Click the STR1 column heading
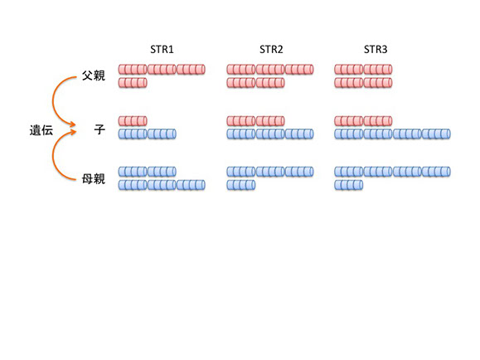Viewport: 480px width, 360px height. click(x=162, y=49)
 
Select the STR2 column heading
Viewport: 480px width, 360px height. click(x=271, y=49)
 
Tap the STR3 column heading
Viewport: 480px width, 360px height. click(x=376, y=49)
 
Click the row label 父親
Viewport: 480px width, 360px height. click(x=94, y=75)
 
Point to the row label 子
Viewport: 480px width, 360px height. click(x=99, y=129)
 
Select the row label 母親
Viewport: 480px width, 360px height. click(x=94, y=178)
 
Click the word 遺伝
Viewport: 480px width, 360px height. click(x=41, y=130)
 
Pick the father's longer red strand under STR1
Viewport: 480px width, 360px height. click(x=162, y=69)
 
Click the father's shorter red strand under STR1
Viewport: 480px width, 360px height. click(x=133, y=83)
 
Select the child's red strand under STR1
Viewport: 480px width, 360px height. click(x=133, y=121)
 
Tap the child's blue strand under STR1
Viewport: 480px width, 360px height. click(x=148, y=134)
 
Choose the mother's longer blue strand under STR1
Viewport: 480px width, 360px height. click(x=162, y=185)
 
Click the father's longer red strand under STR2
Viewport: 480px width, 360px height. click(x=270, y=69)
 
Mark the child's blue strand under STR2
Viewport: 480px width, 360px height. click(x=270, y=134)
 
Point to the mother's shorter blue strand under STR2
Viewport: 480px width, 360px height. click(x=241, y=185)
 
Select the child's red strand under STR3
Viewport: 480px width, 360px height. click(x=363, y=121)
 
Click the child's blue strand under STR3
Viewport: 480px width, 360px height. click(x=392, y=134)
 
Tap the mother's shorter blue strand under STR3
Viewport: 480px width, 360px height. click(x=349, y=185)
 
